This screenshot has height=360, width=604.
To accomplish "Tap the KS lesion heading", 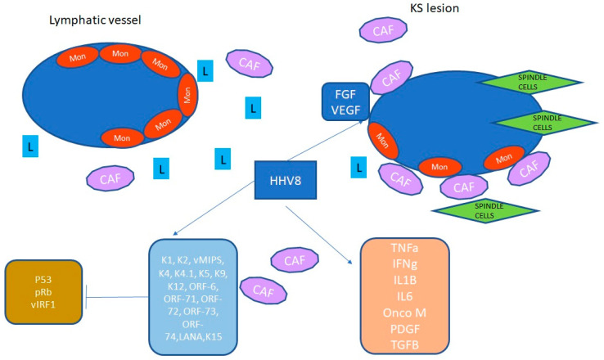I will [x=435, y=9].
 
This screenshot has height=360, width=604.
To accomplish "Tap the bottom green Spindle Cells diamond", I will [x=480, y=210].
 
